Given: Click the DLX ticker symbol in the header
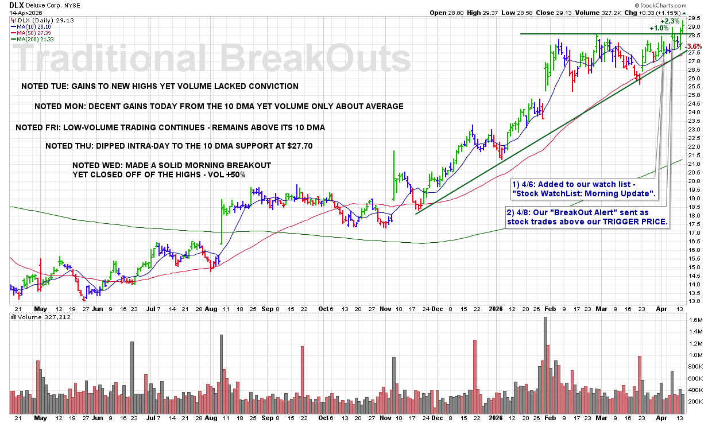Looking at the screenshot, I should tap(16, 4).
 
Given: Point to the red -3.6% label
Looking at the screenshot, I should tap(694, 46).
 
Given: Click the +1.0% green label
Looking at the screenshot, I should tap(659, 28).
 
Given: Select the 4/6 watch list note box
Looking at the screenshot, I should tap(585, 190).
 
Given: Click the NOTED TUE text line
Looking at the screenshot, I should tap(160, 87).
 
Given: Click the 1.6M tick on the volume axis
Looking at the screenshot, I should tap(696, 320).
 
